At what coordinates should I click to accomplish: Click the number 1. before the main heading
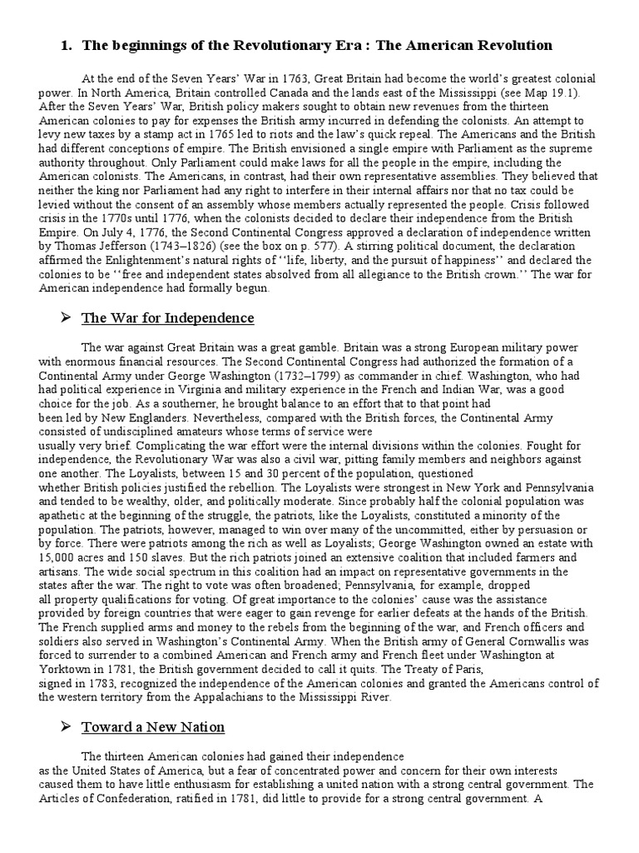(x=66, y=45)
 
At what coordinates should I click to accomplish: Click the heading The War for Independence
(x=167, y=318)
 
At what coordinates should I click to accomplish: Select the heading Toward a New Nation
(x=153, y=727)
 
